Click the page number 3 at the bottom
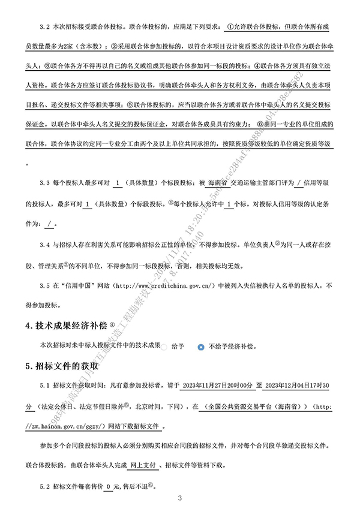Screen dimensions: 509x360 [180, 498]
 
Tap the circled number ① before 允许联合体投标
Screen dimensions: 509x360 [232, 28]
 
